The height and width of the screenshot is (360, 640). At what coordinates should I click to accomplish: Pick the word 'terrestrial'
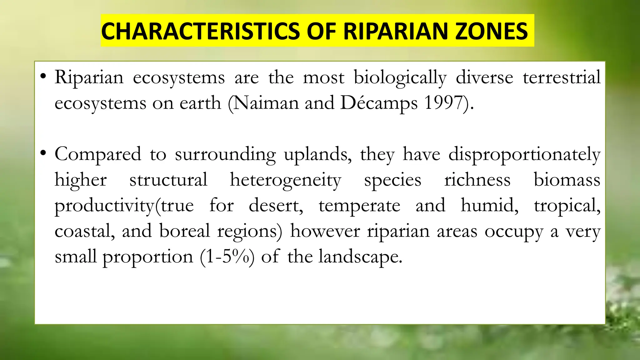[x=562, y=77]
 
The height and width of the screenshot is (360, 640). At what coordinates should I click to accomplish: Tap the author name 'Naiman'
[x=266, y=103]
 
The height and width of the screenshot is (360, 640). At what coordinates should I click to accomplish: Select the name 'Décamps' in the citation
[x=379, y=103]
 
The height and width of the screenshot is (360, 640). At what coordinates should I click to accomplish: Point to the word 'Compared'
[x=98, y=154]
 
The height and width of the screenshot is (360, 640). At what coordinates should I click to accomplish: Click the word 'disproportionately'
[x=524, y=154]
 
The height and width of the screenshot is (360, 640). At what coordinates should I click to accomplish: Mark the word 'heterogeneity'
[x=285, y=180]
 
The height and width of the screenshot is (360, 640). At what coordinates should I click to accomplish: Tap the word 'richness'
[x=477, y=180]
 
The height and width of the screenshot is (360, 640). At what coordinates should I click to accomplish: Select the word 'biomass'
[x=567, y=180]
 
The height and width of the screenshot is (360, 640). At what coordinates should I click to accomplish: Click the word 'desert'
[x=275, y=206]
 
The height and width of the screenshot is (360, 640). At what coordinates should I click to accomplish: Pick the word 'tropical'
[x=567, y=206]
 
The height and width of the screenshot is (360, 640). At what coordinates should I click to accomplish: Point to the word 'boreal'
[x=184, y=231]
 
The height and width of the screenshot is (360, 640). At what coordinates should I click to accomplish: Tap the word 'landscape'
[x=360, y=257]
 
